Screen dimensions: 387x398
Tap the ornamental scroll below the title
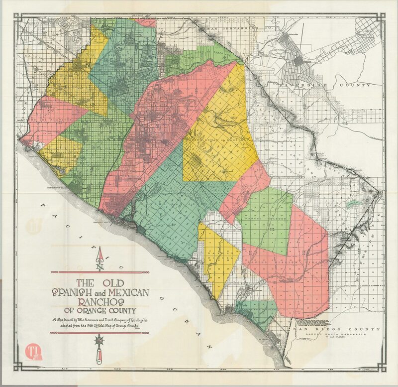coord(99,346)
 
